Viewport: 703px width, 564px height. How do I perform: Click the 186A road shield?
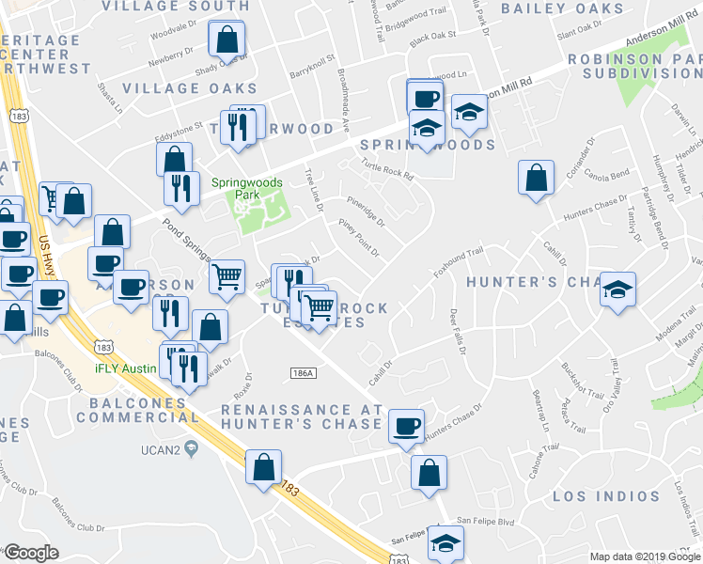tap(302, 373)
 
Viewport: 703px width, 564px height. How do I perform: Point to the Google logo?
tap(31, 553)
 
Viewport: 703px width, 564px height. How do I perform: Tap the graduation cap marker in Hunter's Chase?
tap(618, 289)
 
